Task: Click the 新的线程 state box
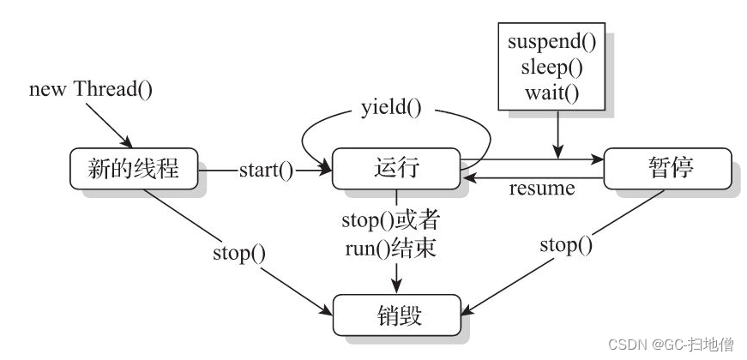point(134,169)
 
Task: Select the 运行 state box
point(396,169)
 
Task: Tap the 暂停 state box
point(668,169)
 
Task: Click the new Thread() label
point(90,89)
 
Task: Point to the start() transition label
point(265,170)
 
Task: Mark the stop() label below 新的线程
point(239,254)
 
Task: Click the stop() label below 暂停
point(566,246)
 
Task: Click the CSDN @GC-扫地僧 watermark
point(671,345)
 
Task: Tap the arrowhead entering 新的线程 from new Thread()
point(129,143)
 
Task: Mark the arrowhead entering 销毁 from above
point(396,288)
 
